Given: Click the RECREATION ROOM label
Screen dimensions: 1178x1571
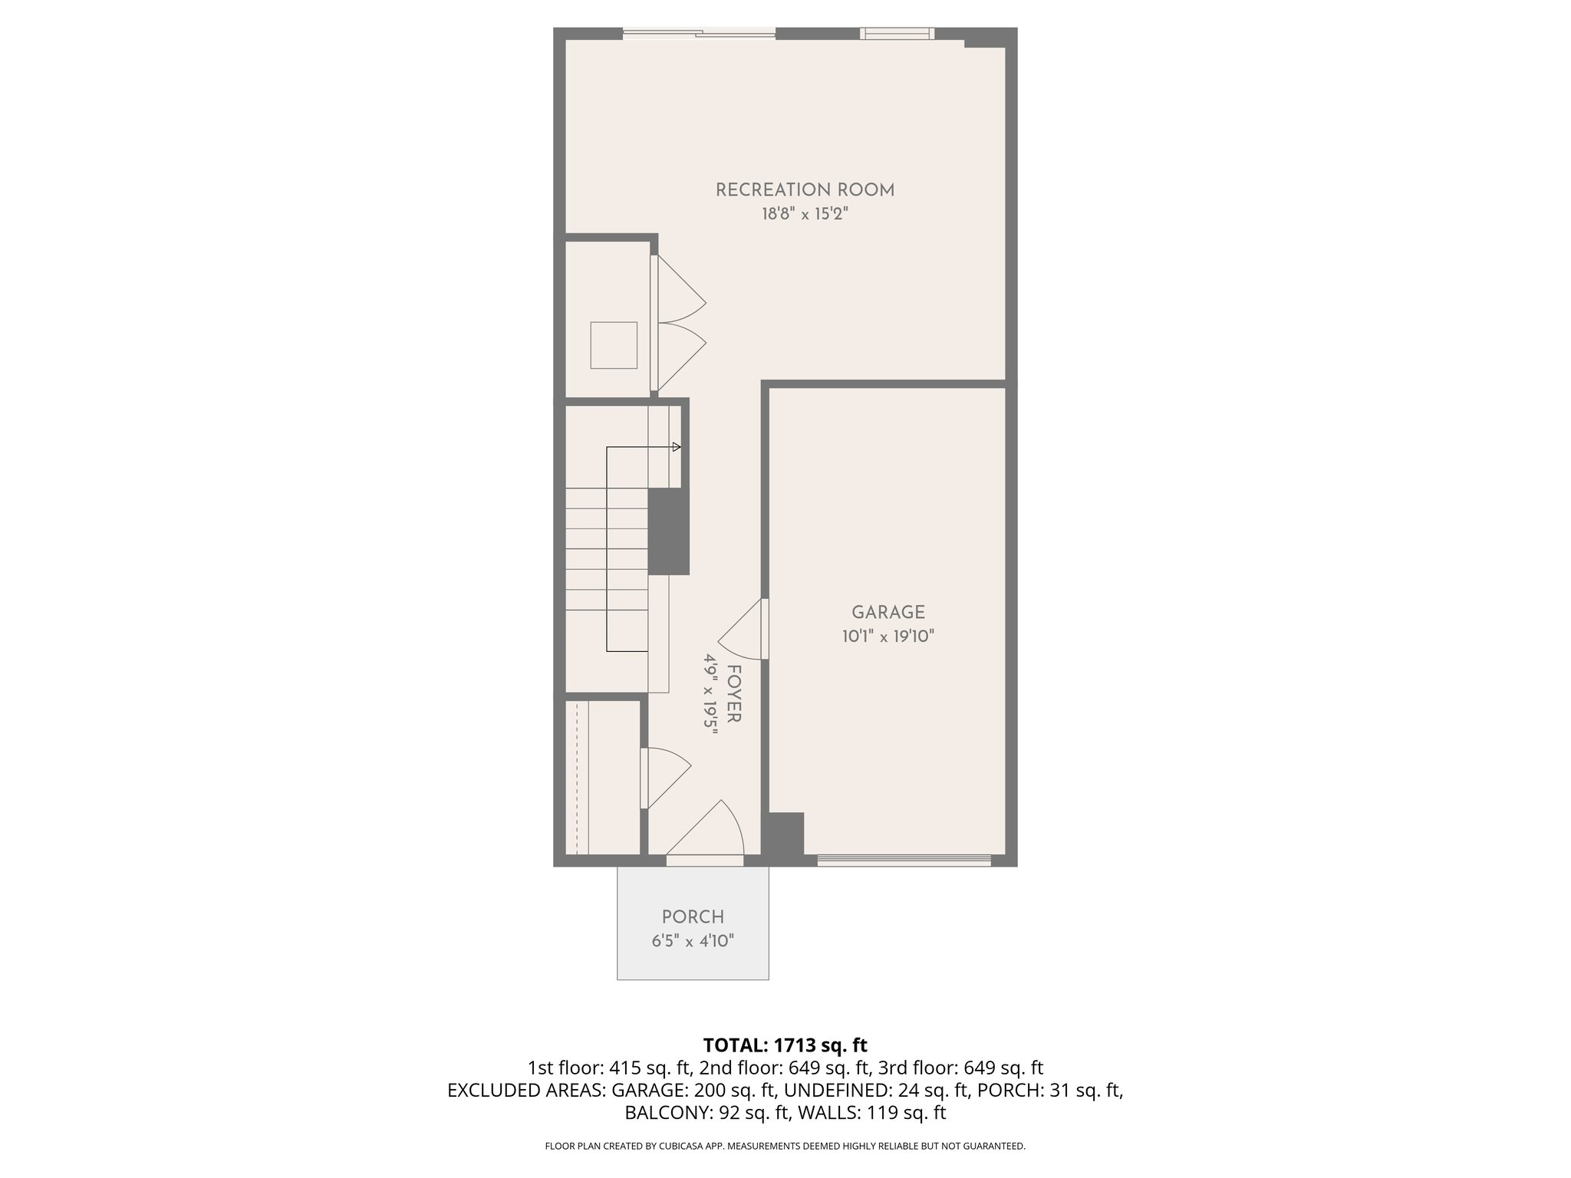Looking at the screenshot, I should (x=805, y=190).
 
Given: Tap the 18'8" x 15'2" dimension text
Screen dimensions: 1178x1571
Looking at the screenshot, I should (x=805, y=214).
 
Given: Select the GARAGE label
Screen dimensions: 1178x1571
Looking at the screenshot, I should (x=888, y=612).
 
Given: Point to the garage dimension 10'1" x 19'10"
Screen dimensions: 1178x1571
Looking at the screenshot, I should (x=888, y=636).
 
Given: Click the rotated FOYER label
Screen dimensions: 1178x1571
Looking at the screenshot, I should (x=733, y=694).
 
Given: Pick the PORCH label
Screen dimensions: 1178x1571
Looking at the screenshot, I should (x=693, y=916).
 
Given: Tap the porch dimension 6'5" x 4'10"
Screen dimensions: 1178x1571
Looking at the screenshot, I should (x=693, y=941).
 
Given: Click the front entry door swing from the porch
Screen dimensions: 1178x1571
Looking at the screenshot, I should (x=710, y=832).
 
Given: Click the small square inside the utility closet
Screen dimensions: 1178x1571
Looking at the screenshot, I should (x=614, y=345).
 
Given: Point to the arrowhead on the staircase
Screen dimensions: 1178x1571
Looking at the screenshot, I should (x=677, y=446).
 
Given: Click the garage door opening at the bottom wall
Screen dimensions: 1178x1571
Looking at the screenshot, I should (x=904, y=860).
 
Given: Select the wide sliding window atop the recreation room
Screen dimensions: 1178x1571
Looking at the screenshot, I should (x=699, y=33).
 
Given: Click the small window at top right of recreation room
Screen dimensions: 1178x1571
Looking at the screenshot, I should (x=897, y=33).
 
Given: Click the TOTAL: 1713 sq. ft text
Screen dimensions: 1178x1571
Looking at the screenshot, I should (x=785, y=1045).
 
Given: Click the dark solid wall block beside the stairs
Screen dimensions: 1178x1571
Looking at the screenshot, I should (x=668, y=531).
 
